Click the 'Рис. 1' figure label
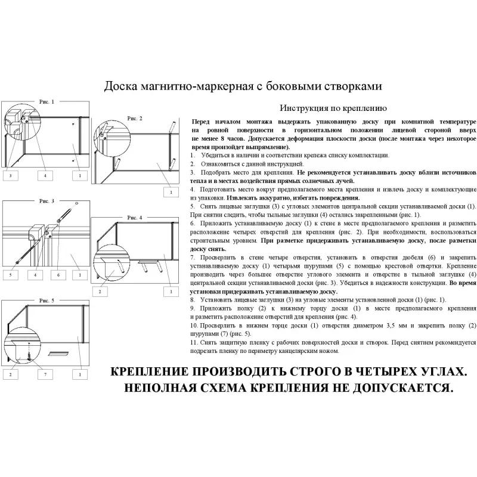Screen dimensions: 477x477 click(46, 102)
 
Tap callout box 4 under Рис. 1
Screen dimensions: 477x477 click(44, 175)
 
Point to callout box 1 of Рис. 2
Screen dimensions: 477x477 click(171, 192)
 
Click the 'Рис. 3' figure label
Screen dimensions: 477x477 click(46, 201)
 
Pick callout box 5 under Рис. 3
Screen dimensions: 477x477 click(10, 275)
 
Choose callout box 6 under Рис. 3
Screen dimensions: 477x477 click(58, 275)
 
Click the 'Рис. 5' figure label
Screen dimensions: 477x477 click(46, 301)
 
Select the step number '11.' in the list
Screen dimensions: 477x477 click(194, 343)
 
